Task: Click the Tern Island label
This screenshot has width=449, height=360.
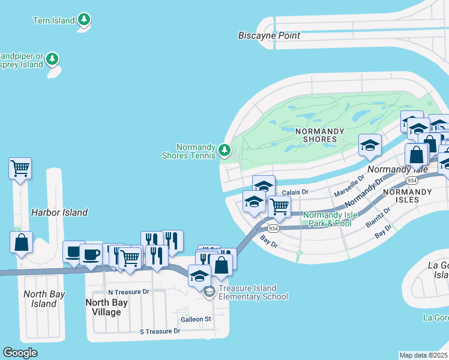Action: click(x=54, y=20)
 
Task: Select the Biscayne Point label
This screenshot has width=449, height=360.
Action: click(x=268, y=35)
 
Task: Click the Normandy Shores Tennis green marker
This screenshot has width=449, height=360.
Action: click(x=224, y=149)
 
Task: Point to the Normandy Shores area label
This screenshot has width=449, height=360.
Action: click(x=319, y=135)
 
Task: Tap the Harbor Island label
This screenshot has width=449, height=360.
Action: click(x=59, y=212)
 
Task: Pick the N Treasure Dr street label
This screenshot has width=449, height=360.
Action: click(x=128, y=292)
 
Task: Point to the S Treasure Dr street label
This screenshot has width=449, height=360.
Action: click(x=160, y=331)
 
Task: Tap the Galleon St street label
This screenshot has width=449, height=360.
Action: click(x=194, y=319)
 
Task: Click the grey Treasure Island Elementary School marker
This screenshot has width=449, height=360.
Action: click(x=209, y=292)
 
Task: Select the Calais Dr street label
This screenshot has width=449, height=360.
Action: click(x=295, y=192)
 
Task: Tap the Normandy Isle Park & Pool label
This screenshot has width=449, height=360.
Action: click(x=327, y=219)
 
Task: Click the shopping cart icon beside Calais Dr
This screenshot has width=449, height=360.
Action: click(x=279, y=206)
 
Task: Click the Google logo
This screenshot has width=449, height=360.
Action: click(x=20, y=353)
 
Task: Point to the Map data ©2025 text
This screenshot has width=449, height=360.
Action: click(x=424, y=355)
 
